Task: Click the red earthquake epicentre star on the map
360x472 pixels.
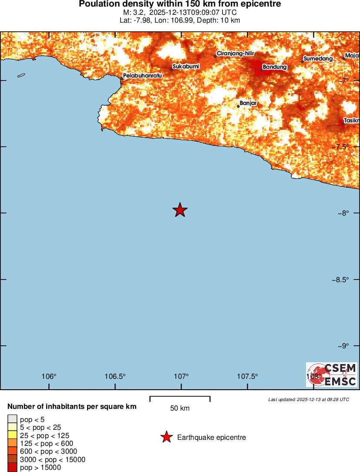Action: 180,210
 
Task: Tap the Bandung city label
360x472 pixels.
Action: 275,67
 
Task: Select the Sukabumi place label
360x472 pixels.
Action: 186,67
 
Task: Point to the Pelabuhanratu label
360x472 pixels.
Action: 142,76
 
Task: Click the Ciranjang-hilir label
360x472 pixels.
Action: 235,54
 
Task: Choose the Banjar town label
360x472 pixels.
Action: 248,103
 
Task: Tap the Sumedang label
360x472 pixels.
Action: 318,59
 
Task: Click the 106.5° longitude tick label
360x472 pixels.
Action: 115,377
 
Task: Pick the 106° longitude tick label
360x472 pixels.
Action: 49,377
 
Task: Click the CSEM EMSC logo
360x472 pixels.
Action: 332,375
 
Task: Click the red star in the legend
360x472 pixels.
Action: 166,437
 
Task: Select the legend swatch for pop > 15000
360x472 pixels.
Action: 12,468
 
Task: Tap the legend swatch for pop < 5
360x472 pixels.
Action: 12,419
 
